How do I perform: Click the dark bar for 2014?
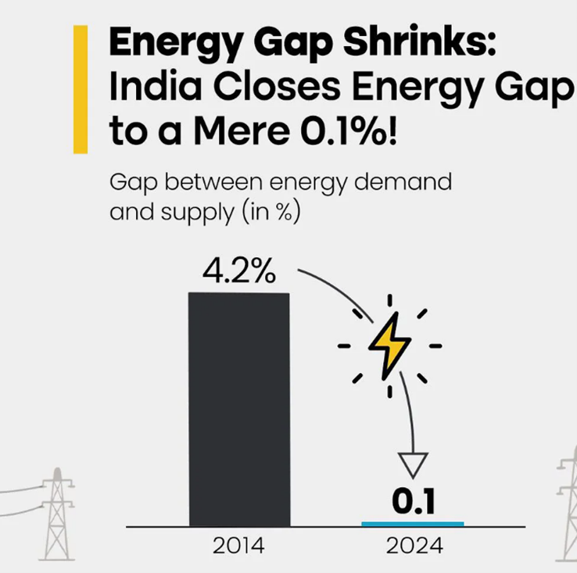(238, 409)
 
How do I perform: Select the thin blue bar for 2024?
(412, 523)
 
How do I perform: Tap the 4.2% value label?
(238, 271)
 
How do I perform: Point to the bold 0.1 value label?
(412, 501)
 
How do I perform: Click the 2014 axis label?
(238, 546)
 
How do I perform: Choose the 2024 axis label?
(412, 546)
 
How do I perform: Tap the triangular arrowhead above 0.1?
(412, 464)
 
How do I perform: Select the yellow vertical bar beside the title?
(80, 89)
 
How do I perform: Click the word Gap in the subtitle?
(131, 183)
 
